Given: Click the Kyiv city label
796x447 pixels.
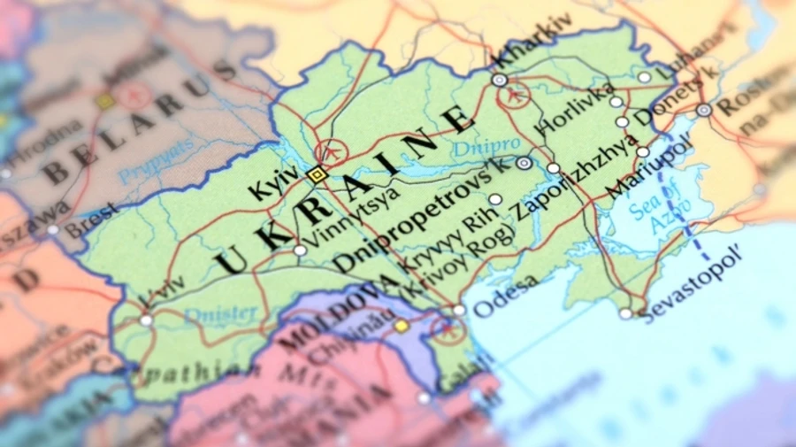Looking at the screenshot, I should pos(270,185).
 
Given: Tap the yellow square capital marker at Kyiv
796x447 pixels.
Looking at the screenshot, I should pos(316,174).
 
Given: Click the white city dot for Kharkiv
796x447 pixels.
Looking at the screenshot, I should pos(500,80).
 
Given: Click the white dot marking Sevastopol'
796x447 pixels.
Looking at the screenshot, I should pos(626,313).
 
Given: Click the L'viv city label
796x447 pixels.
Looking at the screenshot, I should pos(164,292).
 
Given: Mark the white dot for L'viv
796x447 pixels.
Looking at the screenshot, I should pos(146,320).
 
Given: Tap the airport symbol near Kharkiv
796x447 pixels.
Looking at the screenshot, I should pos(514,96).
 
